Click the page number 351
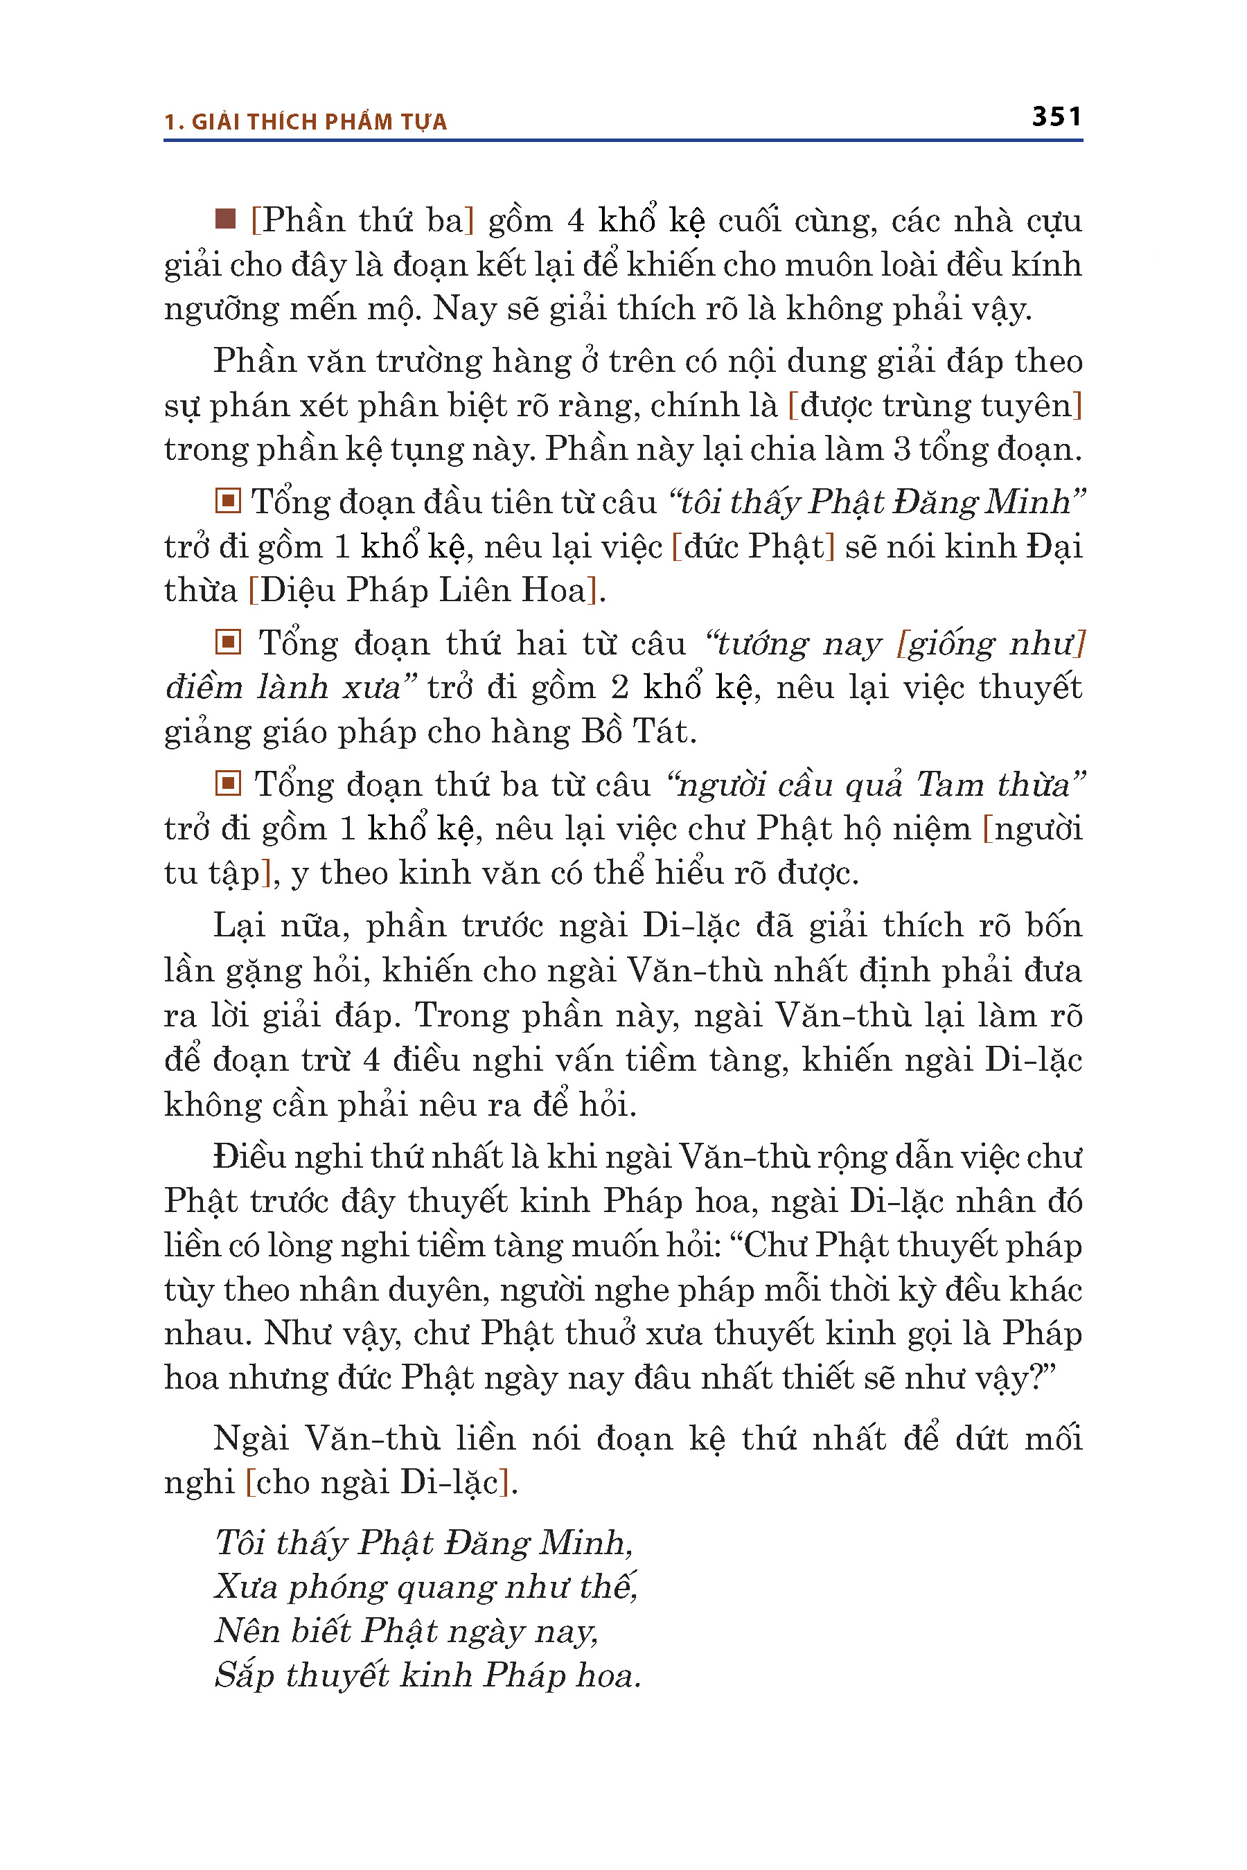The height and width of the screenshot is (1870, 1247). tap(1056, 117)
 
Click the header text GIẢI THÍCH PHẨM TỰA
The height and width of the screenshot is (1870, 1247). tap(319, 122)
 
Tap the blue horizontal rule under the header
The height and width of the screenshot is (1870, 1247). tap(623, 141)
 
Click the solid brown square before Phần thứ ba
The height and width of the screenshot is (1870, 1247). tap(226, 219)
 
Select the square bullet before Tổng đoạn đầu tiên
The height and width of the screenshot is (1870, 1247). tap(227, 501)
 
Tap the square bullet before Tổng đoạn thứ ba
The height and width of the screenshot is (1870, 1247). tap(227, 783)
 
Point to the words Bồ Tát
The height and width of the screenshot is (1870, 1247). tap(635, 731)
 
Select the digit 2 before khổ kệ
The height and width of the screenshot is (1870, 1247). tap(619, 687)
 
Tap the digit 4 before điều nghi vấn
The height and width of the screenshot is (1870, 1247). tap(371, 1060)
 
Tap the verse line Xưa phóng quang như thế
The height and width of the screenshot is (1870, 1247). tap(425, 1587)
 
